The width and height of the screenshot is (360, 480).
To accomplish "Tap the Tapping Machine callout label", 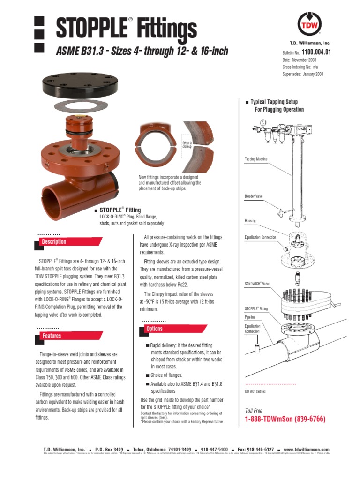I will click(256, 159).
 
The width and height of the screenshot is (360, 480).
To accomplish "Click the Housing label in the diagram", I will click(250, 220).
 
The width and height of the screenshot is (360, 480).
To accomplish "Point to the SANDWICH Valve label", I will click(257, 284).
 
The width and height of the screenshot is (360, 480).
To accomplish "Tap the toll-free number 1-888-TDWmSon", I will click(285, 419).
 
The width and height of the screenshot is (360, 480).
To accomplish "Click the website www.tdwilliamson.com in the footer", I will click(307, 450).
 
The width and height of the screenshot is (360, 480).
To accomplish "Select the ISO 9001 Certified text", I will click(255, 391).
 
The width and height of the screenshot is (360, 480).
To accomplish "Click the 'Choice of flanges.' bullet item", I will click(166, 375).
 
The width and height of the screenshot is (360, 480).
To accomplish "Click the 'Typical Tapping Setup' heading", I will click(274, 102).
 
